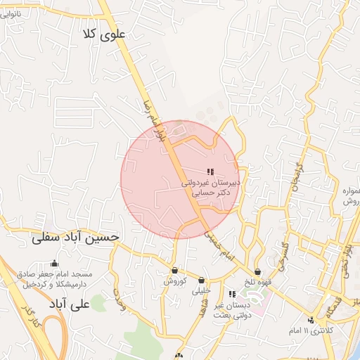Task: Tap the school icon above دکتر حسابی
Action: (210, 172)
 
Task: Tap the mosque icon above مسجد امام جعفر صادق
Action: (55, 264)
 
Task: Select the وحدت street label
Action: (119, 299)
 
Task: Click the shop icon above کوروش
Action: (174, 270)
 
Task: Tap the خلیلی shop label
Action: (201, 290)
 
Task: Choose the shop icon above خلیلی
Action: (202, 280)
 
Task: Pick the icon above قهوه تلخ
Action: (258, 271)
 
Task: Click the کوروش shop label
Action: (174, 281)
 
